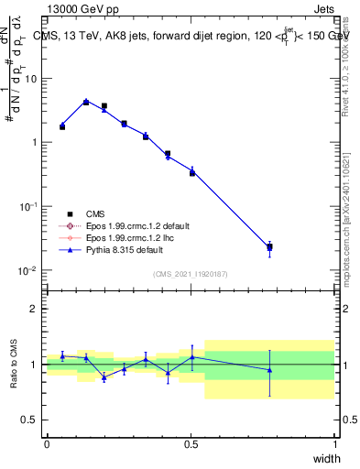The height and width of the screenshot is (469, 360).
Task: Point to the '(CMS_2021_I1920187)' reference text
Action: tap(190, 273)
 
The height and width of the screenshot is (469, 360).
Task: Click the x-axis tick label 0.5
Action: tap(191, 444)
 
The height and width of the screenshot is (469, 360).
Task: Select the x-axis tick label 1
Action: tap(334, 444)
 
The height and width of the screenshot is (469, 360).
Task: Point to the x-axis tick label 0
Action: tap(47, 444)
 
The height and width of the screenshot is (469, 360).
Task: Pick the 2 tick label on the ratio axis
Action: tap(35, 309)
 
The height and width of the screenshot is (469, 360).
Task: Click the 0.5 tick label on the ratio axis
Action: tap(30, 420)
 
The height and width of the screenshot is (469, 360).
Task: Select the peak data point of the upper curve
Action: tap(86, 102)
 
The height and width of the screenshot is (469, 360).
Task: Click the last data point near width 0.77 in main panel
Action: tap(269, 247)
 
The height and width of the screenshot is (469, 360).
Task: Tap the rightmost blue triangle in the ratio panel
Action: tap(269, 370)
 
